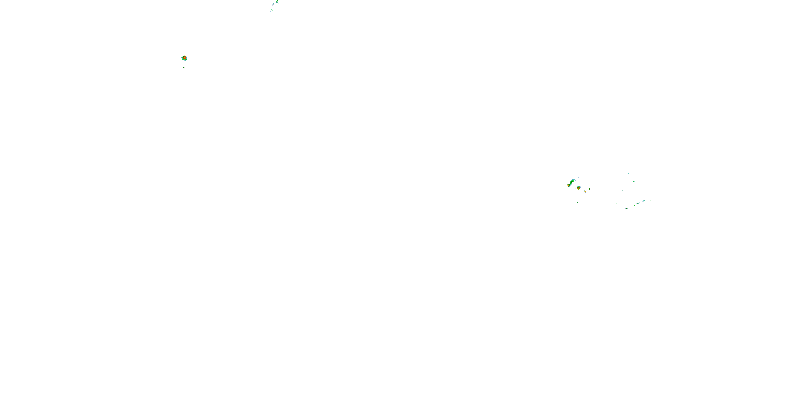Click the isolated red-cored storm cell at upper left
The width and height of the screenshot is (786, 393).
click(x=184, y=58)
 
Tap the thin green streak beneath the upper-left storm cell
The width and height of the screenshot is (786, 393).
click(x=184, y=67)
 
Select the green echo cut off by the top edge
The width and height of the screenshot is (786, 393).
click(x=277, y=2)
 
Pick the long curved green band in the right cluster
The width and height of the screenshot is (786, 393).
click(x=572, y=182)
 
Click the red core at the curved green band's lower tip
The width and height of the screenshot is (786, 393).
click(x=569, y=185)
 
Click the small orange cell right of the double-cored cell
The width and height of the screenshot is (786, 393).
click(x=585, y=191)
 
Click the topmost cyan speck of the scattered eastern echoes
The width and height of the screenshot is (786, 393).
click(x=628, y=174)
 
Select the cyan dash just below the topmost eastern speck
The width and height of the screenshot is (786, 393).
click(x=634, y=181)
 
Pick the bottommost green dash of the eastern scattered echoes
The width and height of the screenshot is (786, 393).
click(x=626, y=208)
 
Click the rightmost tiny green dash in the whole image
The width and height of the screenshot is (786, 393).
click(x=650, y=200)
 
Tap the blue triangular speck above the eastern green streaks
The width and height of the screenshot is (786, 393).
click(x=638, y=198)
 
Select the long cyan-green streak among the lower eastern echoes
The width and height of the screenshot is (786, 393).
click(x=638, y=203)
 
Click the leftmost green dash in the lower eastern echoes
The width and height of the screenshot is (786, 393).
click(x=617, y=204)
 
